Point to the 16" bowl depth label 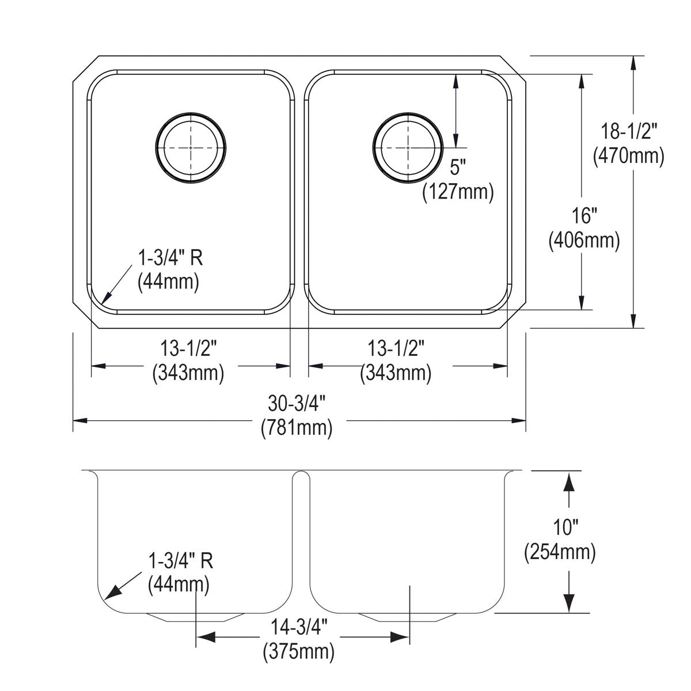click(x=584, y=217)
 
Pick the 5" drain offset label click(x=457, y=168)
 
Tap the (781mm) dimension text click(x=296, y=428)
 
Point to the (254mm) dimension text click(x=559, y=552)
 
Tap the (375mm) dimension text click(x=299, y=652)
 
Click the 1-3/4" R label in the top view click(x=170, y=258)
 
